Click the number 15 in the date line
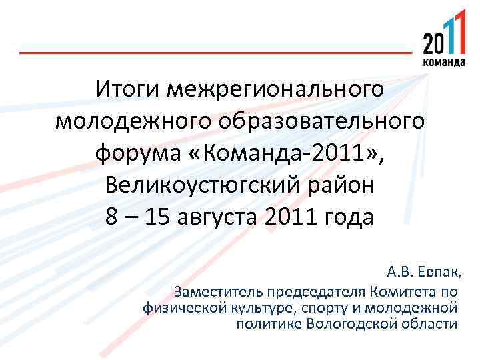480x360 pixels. [x=157, y=219]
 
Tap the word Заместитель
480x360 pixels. [x=219, y=291]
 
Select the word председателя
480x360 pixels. [x=317, y=291]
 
